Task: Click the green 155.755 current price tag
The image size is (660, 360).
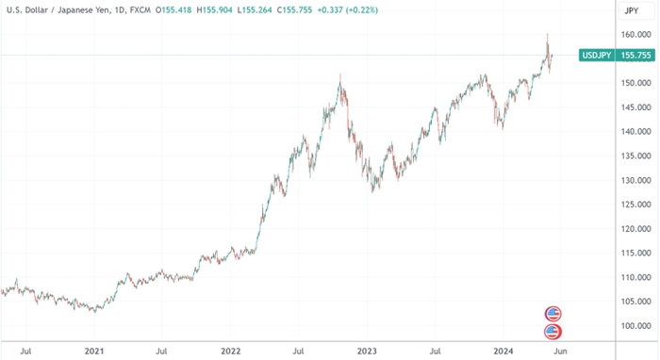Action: click(x=635, y=56)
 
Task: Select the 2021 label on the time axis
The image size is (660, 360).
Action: click(x=93, y=351)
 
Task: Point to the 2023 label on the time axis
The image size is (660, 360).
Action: click(x=367, y=351)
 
